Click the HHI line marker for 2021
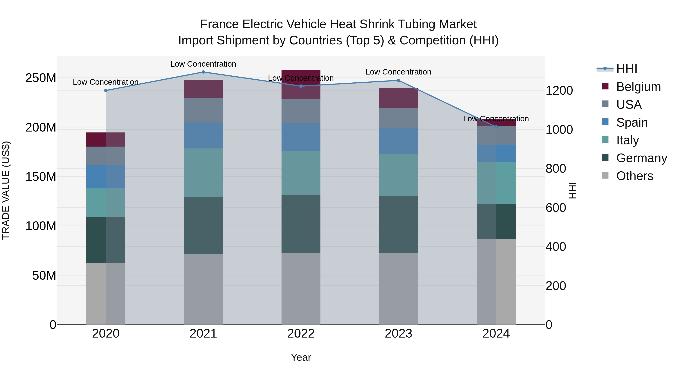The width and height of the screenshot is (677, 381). pyautogui.click(x=203, y=72)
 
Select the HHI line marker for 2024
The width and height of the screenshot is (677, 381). pyautogui.click(x=496, y=127)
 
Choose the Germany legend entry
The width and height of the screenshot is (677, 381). pyautogui.click(x=641, y=158)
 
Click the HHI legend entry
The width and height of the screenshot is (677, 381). pyautogui.click(x=627, y=69)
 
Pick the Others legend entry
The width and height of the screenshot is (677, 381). pyautogui.click(x=634, y=176)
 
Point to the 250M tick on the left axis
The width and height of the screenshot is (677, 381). pyautogui.click(x=41, y=78)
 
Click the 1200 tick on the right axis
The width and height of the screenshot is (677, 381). pyautogui.click(x=559, y=90)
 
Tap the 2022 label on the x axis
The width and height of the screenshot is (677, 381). pyautogui.click(x=301, y=334)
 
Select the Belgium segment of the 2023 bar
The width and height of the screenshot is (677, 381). pyautogui.click(x=398, y=98)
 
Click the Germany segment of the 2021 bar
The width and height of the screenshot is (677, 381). pyautogui.click(x=203, y=225)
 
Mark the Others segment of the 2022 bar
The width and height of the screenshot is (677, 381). pyautogui.click(x=301, y=288)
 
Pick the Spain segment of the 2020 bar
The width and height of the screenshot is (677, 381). pyautogui.click(x=106, y=176)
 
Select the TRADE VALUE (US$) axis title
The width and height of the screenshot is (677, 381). pyautogui.click(x=6, y=190)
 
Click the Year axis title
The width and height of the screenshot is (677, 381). pyautogui.click(x=301, y=357)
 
